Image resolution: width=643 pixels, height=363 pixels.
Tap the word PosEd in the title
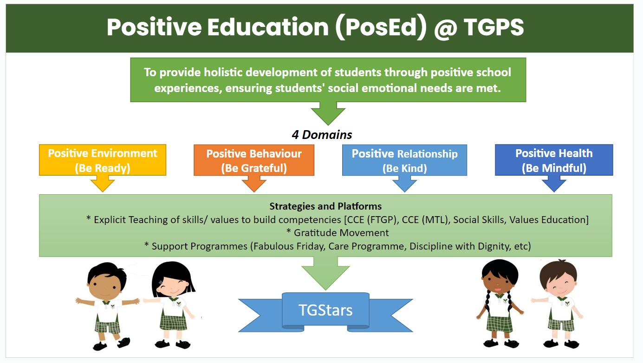(381, 27)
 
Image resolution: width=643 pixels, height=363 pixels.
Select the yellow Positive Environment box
(103, 160)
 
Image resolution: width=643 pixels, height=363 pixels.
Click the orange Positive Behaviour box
(254, 160)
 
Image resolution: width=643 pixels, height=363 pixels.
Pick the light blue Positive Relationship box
(404, 160)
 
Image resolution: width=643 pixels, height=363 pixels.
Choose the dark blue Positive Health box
(554, 160)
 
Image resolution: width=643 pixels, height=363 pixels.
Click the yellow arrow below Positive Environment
(103, 184)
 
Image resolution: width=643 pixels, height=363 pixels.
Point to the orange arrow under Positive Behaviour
(254, 184)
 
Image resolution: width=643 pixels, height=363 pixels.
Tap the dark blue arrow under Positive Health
(554, 184)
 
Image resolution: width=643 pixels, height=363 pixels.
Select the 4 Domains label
(322, 135)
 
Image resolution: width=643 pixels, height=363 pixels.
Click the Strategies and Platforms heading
(325, 206)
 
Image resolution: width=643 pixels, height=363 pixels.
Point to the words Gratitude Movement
(341, 232)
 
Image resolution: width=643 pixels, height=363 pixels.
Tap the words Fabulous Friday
(289, 246)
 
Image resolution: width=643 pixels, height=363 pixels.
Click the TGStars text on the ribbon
(325, 310)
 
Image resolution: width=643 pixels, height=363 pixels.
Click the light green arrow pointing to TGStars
(325, 273)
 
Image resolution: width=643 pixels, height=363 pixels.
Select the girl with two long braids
(500, 304)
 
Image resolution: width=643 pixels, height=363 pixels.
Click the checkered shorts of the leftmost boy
(107, 327)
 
